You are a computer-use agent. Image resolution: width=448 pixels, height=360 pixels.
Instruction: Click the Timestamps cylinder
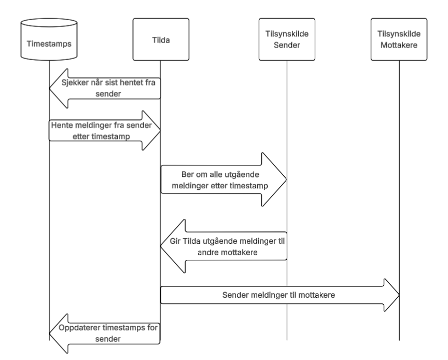coord(49,39)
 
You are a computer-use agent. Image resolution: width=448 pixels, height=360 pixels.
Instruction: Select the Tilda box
coord(161,39)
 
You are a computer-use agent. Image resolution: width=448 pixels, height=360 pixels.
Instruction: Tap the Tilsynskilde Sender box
coord(287,39)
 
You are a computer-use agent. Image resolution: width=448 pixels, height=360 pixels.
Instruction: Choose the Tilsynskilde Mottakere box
coord(399,39)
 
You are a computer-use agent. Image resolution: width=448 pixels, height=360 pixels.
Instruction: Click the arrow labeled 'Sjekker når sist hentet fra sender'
coord(105,88)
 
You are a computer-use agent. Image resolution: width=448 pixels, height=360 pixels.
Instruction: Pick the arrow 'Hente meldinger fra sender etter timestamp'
coord(105,130)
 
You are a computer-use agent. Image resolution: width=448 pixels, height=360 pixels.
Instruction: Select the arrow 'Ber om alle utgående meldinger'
coord(223,179)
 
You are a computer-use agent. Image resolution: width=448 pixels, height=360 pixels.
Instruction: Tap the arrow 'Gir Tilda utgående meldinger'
coord(223,246)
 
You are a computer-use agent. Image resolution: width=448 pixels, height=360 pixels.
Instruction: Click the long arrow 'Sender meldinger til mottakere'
coord(280,295)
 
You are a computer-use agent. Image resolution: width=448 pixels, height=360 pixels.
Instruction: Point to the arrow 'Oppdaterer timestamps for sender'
coord(105,334)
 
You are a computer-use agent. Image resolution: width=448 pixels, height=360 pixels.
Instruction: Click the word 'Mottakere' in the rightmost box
coord(399,45)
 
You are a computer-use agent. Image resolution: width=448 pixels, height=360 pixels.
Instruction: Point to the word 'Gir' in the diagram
coord(175,241)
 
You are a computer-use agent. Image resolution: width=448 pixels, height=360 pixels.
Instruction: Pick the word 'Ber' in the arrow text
coord(187,174)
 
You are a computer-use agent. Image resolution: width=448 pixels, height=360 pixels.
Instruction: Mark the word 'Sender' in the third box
coord(287,45)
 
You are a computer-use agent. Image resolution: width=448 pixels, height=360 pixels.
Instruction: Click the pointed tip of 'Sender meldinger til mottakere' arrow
coord(399,295)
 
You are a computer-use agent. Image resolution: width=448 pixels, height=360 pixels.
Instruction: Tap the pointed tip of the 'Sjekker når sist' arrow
coord(49,88)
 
